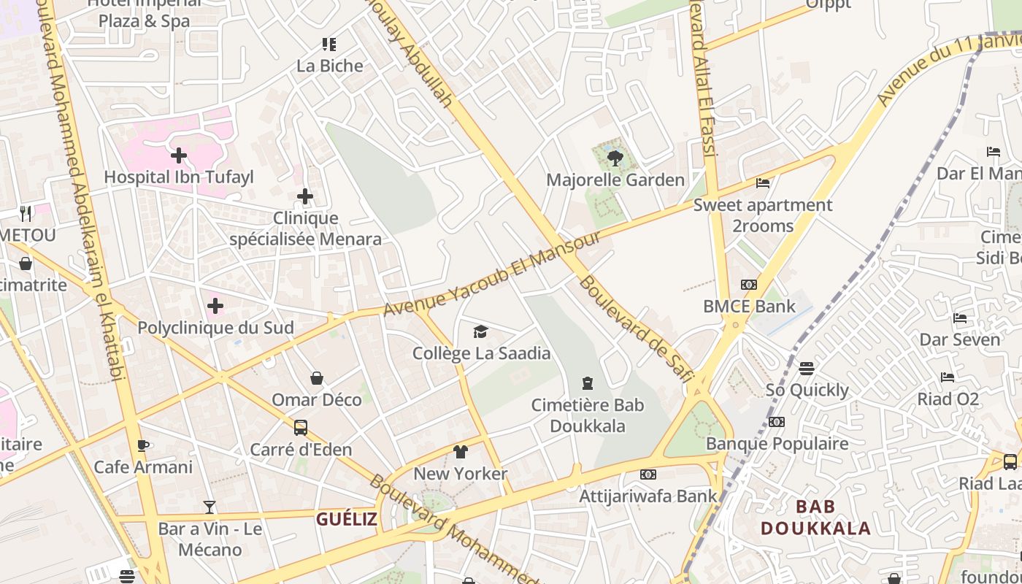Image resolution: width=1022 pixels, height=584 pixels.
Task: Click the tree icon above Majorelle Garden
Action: (x=615, y=157)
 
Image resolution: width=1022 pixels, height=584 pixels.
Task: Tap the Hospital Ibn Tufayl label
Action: (x=179, y=177)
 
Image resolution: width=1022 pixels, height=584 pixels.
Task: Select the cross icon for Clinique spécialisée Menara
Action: (x=305, y=196)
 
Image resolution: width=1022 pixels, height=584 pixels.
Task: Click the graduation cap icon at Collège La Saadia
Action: (x=480, y=332)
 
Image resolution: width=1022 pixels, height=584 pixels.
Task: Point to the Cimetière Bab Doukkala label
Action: (x=588, y=415)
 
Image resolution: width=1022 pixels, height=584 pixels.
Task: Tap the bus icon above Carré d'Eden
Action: (x=300, y=428)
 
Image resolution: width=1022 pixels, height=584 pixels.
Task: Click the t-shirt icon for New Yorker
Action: (x=460, y=452)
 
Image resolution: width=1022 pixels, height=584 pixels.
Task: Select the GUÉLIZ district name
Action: (x=347, y=519)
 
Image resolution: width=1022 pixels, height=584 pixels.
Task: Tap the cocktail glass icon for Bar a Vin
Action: (x=210, y=507)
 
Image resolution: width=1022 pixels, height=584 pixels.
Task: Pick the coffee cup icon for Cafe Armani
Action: (x=143, y=445)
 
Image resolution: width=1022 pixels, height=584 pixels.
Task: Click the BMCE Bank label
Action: (x=749, y=307)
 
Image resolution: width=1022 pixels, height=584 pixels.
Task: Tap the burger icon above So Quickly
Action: (x=807, y=369)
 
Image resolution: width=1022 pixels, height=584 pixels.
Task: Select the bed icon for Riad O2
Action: (x=948, y=377)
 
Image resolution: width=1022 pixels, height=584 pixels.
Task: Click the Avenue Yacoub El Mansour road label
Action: (x=492, y=274)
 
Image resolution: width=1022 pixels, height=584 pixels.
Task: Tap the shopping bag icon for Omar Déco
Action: (x=317, y=378)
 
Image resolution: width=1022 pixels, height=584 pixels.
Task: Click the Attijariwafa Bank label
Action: (x=648, y=496)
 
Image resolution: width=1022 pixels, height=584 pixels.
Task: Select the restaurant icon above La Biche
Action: (x=329, y=45)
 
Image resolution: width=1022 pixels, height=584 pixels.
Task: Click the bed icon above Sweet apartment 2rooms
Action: (x=763, y=183)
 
